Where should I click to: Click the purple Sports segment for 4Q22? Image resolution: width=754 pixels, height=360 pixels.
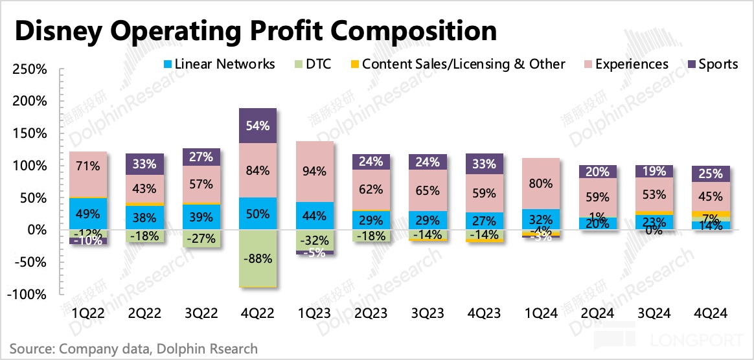click(258, 126)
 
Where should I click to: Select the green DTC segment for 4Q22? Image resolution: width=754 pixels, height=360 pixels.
click(258, 258)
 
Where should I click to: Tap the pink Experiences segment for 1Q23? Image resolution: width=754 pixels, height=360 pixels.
click(315, 172)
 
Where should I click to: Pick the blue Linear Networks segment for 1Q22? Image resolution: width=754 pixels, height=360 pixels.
click(89, 214)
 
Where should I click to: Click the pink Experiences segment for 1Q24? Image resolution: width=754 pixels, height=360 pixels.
click(541, 183)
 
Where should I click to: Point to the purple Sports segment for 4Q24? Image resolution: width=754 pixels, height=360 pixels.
click(711, 174)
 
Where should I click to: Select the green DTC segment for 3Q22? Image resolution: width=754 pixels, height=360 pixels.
click(201, 238)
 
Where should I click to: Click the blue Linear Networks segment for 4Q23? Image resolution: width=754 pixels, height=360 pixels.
click(485, 220)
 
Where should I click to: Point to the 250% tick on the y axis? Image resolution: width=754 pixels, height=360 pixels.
click(29, 69)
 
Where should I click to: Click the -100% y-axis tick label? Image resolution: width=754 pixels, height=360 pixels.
click(27, 294)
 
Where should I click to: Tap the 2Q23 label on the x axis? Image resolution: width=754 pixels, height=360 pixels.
click(371, 313)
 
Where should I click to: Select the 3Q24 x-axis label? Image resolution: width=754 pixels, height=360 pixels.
click(655, 313)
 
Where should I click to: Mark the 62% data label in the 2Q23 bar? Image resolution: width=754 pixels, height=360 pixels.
click(371, 190)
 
